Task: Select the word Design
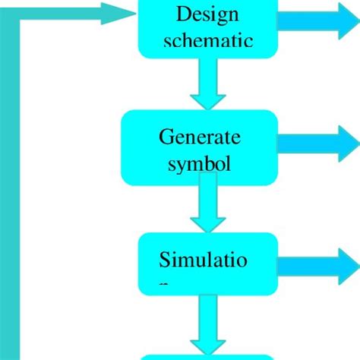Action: coord(207,14)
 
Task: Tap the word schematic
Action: coord(207,41)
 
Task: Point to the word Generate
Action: coord(200,137)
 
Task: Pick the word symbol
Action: coord(200,163)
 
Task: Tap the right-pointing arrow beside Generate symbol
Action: coord(319,144)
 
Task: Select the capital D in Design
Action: coord(182,14)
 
